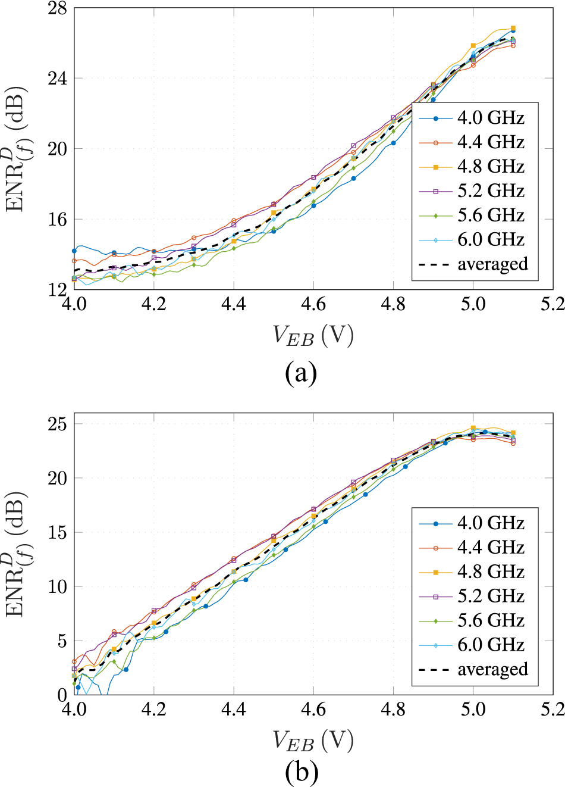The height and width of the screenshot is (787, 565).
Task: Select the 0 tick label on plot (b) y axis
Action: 61,695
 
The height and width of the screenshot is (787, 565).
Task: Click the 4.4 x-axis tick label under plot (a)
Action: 234,304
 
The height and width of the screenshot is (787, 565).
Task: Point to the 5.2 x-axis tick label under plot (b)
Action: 553,710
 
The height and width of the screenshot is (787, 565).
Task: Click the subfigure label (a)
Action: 301,374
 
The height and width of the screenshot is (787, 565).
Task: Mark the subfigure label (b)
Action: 301,773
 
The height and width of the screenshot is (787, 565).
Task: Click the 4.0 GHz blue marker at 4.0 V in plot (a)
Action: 74,251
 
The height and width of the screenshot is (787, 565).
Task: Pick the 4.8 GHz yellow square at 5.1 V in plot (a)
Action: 513,29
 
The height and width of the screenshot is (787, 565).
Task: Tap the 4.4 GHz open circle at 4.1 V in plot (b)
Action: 114,632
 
